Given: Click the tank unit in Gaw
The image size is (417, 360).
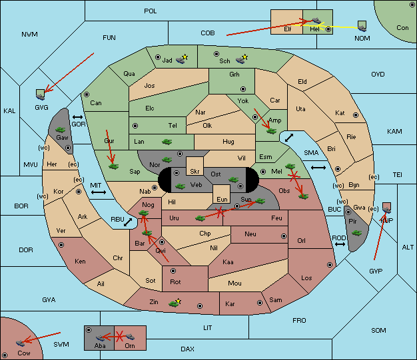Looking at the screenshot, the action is (x=61, y=130).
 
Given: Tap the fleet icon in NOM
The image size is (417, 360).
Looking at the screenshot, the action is (x=362, y=27).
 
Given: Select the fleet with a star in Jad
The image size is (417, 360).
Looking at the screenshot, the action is (x=182, y=59).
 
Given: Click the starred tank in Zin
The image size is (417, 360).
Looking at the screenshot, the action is (x=175, y=303).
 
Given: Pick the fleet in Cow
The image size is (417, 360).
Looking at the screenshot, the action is (x=20, y=343).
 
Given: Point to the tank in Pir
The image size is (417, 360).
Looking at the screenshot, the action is (x=356, y=233).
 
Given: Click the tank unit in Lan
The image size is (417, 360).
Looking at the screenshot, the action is (x=167, y=142).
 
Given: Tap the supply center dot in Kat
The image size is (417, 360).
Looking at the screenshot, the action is (x=356, y=115).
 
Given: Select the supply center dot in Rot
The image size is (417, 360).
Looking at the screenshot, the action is (x=173, y=271).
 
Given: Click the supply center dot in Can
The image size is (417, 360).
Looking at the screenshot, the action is (x=87, y=94).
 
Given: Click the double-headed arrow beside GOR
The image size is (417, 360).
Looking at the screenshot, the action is (x=78, y=117).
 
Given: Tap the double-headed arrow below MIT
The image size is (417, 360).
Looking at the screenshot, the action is (x=99, y=192).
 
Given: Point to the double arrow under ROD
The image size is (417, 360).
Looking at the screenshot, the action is (x=340, y=244).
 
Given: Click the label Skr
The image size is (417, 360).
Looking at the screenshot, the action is (x=195, y=172).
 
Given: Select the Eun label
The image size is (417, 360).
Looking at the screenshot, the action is (x=222, y=199).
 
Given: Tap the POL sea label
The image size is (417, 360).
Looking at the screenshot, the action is (x=151, y=11).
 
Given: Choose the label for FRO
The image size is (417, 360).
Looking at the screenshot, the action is (x=299, y=321).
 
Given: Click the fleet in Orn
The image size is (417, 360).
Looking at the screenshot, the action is (x=131, y=337).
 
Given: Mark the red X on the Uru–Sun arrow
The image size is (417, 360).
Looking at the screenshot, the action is (x=219, y=212).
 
